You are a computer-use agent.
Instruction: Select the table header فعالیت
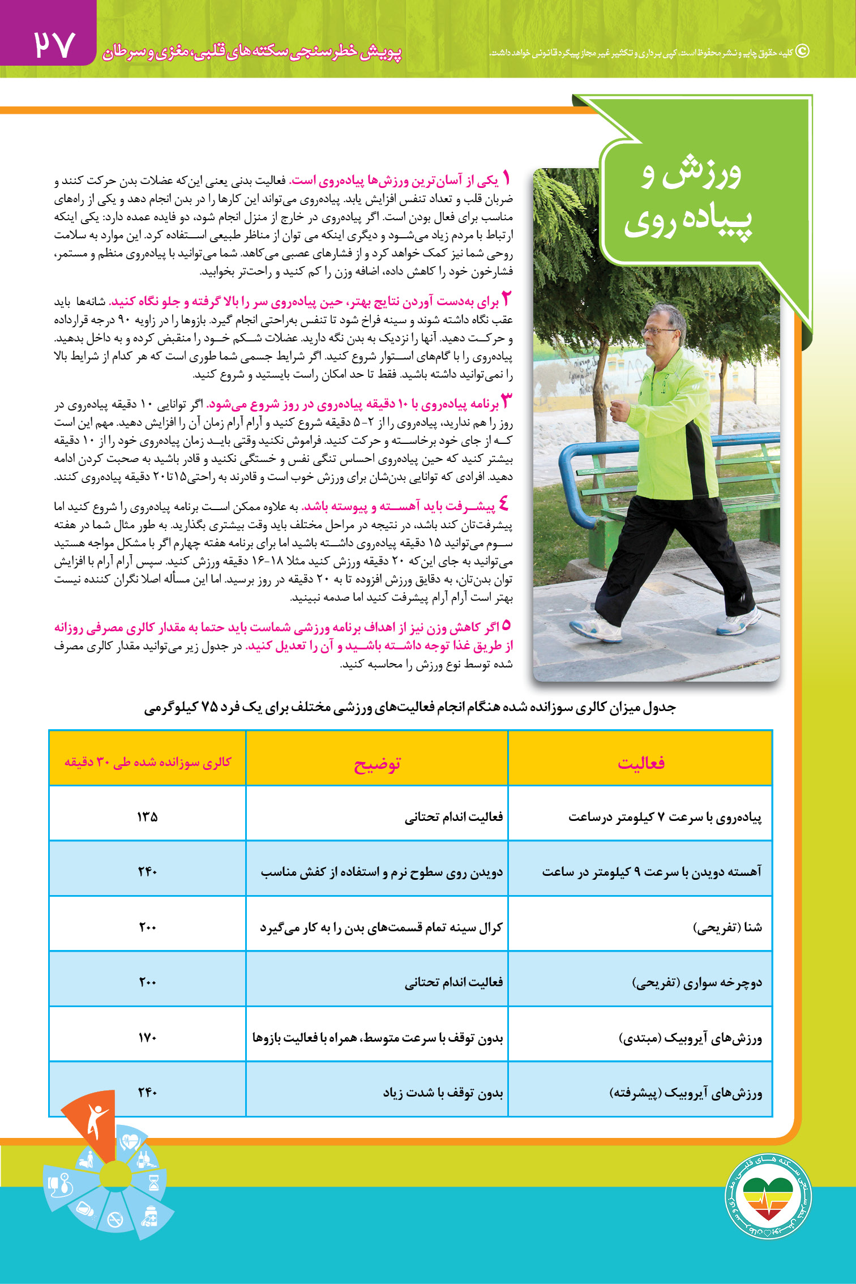(x=641, y=763)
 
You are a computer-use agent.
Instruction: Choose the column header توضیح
(x=377, y=764)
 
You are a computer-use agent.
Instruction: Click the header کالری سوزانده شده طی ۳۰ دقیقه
(x=148, y=762)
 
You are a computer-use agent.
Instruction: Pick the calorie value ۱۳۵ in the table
(x=147, y=816)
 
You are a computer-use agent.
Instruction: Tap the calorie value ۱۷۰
(x=147, y=1037)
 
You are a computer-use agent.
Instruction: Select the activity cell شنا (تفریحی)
(x=727, y=927)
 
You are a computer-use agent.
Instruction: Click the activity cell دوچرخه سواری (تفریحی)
(x=697, y=982)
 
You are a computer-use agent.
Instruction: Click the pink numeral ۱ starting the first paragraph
(x=507, y=179)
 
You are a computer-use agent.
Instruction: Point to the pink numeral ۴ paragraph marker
(x=503, y=503)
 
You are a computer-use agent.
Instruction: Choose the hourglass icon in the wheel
(x=153, y=1183)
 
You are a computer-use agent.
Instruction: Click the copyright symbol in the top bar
(x=803, y=51)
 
